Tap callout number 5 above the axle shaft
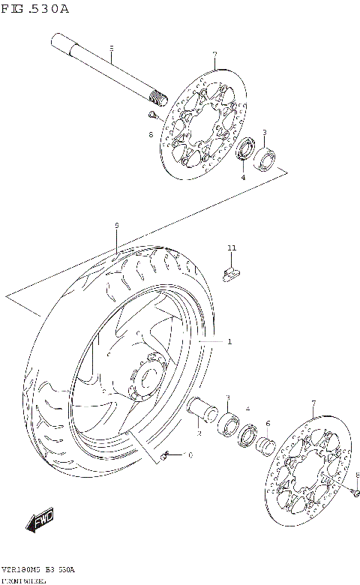111,49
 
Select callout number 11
232,247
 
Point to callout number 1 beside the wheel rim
229,341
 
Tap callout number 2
198,433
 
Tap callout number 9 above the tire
117,224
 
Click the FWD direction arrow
40,519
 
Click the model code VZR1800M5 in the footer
22,570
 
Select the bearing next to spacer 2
230,424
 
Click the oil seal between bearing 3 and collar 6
247,436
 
